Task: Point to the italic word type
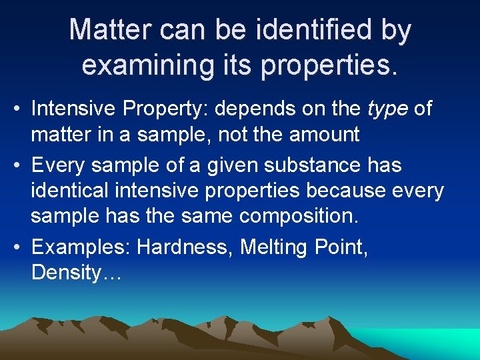click(x=389, y=109)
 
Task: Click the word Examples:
click(x=81, y=247)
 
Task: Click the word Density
click(x=64, y=274)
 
